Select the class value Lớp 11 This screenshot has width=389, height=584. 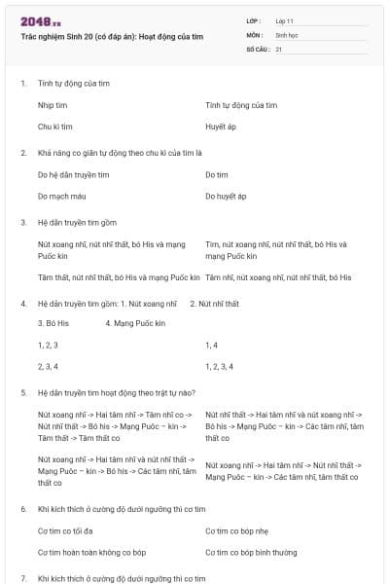[x=284, y=20]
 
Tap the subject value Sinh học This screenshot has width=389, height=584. [x=286, y=34]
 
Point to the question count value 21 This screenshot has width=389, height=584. [x=279, y=48]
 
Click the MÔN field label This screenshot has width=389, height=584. [x=254, y=34]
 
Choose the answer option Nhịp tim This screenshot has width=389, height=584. [x=53, y=105]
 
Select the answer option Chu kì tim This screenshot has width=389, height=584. [x=55, y=127]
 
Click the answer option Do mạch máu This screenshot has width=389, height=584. [x=60, y=196]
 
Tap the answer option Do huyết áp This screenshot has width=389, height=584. [x=226, y=196]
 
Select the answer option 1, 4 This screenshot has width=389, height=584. [x=212, y=345]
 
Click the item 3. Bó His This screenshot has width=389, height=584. [x=53, y=322]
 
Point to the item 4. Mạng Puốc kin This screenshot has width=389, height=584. [x=135, y=322]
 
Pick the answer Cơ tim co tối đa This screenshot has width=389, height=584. [x=65, y=531]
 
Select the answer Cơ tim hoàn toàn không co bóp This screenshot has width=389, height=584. [x=91, y=552]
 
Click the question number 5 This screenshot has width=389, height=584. [x=22, y=392]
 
